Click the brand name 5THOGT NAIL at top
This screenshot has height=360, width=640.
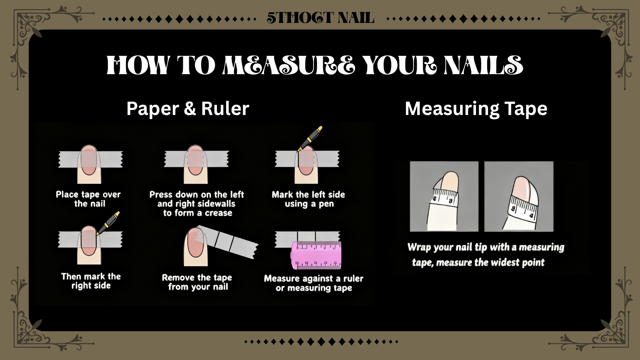(x=320, y=18)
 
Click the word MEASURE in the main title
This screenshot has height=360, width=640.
(x=289, y=65)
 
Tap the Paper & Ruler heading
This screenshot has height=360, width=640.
(x=188, y=109)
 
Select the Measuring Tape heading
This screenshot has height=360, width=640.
(x=476, y=109)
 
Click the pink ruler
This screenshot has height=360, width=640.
(x=316, y=255)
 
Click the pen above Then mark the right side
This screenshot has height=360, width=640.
(x=108, y=223)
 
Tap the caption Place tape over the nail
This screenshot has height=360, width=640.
(x=88, y=199)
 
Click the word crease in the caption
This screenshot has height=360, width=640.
(x=219, y=213)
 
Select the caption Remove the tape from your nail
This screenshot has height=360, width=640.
(x=197, y=282)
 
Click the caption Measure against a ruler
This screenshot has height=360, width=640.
(x=314, y=278)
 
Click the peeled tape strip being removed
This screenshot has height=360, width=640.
(x=227, y=241)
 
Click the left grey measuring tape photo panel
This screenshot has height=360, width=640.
(x=444, y=196)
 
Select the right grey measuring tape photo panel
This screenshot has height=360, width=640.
(x=519, y=196)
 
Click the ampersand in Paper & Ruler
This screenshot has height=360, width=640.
(x=190, y=109)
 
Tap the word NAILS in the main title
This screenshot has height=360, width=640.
(x=484, y=65)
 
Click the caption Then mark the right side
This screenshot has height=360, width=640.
(x=91, y=281)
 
